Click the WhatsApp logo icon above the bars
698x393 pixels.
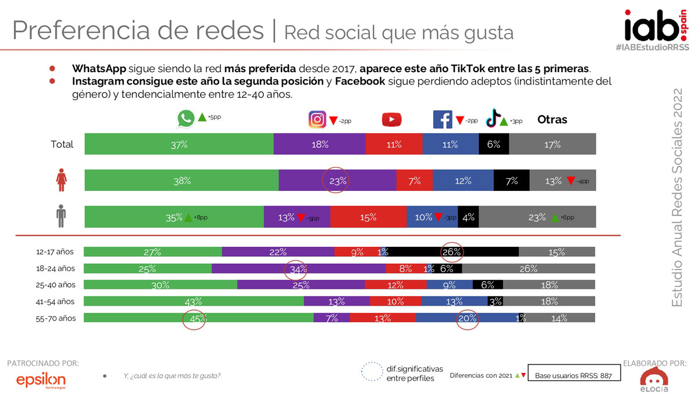[186, 119]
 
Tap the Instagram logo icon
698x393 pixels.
[317, 119]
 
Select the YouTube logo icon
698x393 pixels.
[391, 119]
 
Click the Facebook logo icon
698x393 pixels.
[442, 119]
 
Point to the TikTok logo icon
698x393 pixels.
[493, 118]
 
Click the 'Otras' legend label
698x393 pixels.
[552, 119]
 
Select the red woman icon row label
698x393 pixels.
[61, 180]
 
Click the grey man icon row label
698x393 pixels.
[61, 217]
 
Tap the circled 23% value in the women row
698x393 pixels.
[337, 181]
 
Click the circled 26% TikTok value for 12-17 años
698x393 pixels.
[452, 252]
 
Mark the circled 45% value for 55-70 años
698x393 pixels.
[194, 318]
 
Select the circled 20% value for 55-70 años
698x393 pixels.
[467, 318]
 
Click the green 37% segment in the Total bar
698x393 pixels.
[179, 144]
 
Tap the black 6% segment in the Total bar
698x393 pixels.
[493, 144]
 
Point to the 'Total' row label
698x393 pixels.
[62, 144]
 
